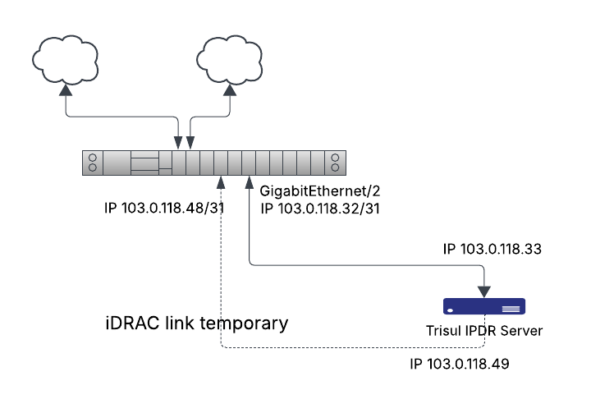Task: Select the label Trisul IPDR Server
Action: [x=483, y=330]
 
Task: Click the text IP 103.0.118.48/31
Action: [x=165, y=209]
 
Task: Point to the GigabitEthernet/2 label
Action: [x=320, y=191]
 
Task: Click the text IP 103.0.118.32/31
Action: [x=320, y=209]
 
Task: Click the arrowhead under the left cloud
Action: [x=64, y=93]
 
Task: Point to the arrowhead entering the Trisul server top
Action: [x=484, y=291]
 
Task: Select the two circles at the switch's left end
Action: [x=94, y=163]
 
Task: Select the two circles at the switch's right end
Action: [x=335, y=163]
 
